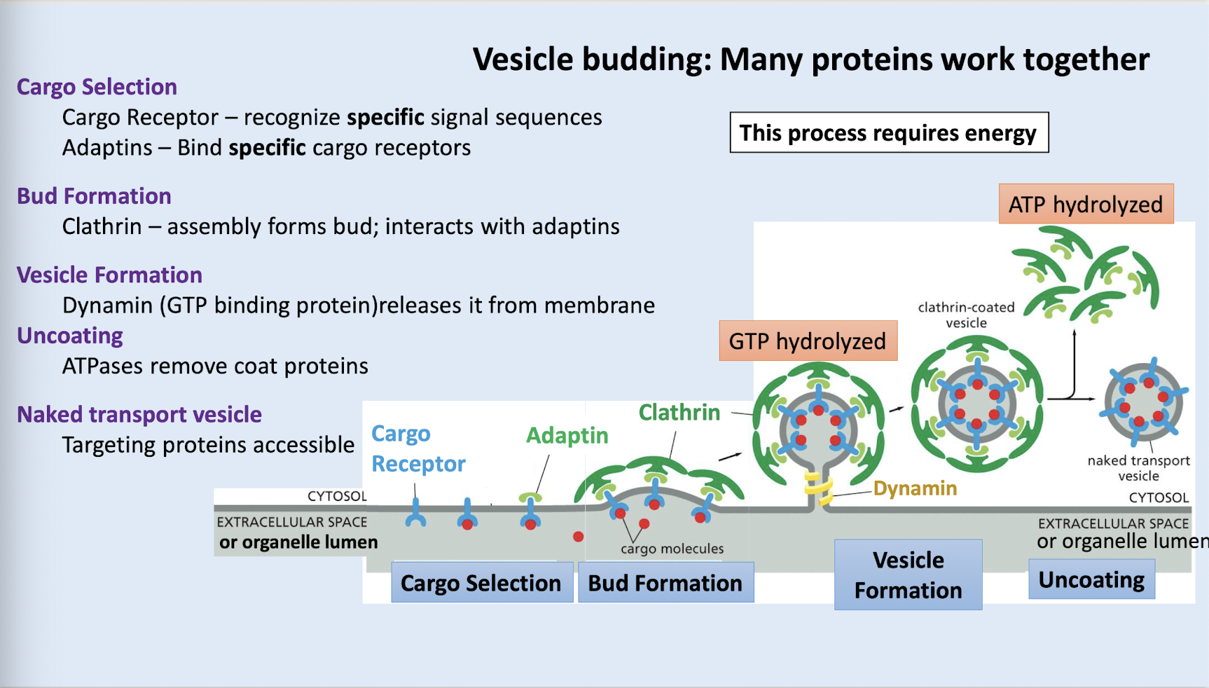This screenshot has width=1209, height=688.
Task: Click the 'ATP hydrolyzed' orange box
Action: [1085, 205]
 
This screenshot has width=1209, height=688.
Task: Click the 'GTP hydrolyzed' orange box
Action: [808, 341]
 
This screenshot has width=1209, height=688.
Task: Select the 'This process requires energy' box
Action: [888, 132]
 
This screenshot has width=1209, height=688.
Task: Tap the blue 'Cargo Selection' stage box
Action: [481, 582]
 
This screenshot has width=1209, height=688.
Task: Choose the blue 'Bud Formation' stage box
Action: [665, 582]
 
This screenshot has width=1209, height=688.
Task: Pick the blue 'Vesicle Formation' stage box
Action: [908, 575]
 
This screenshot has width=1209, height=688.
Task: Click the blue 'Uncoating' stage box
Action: [1091, 579]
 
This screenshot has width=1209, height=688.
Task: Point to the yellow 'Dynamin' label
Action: [915, 488]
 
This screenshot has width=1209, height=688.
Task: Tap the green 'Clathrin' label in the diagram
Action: [679, 413]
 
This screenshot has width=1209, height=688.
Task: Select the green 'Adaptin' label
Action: [567, 436]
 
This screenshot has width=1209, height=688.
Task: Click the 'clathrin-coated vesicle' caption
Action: [966, 315]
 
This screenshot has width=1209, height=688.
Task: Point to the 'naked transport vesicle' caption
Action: [1138, 468]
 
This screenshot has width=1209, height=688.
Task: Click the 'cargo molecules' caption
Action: [672, 549]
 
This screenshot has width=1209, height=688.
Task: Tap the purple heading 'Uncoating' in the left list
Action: [70, 336]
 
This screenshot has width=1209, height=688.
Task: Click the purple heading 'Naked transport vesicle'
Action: [139, 415]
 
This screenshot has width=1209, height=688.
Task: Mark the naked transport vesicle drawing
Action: [1142, 402]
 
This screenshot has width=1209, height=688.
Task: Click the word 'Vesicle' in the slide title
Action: [523, 60]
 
